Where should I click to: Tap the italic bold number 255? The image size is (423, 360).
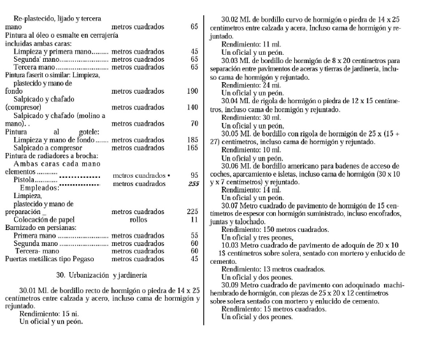194,184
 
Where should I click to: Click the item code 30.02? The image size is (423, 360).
232,19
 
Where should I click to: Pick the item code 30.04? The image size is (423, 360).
232,101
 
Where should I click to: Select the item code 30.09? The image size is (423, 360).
232,285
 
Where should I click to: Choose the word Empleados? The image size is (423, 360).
39,189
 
